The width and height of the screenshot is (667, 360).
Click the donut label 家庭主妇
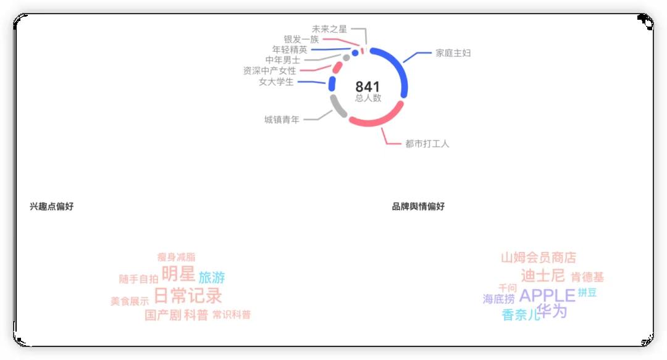click(x=453, y=53)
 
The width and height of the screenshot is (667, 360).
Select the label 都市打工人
click(x=427, y=144)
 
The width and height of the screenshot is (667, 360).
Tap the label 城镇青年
click(x=282, y=120)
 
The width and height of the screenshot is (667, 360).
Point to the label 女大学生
click(x=276, y=82)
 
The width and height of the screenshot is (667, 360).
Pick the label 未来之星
click(x=329, y=29)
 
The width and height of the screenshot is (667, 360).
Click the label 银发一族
click(x=301, y=40)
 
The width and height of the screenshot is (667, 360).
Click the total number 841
click(x=367, y=87)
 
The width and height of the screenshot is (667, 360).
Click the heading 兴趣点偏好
click(x=51, y=206)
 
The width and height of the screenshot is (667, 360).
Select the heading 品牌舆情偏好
click(x=418, y=206)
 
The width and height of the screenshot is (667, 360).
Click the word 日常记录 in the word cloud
click(x=188, y=295)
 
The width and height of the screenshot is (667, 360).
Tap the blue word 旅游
click(x=212, y=278)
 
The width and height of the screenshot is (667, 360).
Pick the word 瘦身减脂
click(x=176, y=257)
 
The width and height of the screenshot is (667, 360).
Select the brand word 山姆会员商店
click(x=538, y=257)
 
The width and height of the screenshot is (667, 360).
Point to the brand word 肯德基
click(x=587, y=278)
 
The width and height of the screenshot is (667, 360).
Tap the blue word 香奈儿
click(x=521, y=316)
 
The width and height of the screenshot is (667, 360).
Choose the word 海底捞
click(x=498, y=299)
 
